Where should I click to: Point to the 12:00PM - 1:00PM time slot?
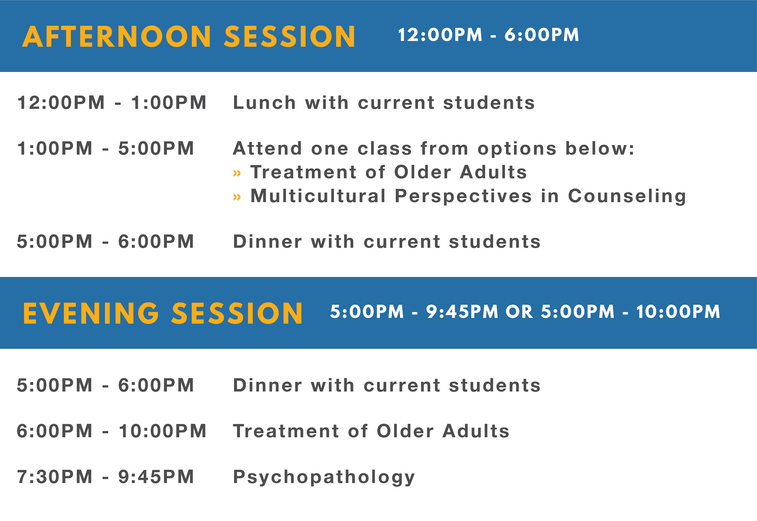[x=112, y=103]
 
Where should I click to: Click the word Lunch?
[x=264, y=103]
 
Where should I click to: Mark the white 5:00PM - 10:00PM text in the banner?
[x=630, y=312]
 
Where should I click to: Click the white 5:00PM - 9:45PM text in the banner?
[x=414, y=312]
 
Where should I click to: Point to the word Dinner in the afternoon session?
[x=268, y=242]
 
